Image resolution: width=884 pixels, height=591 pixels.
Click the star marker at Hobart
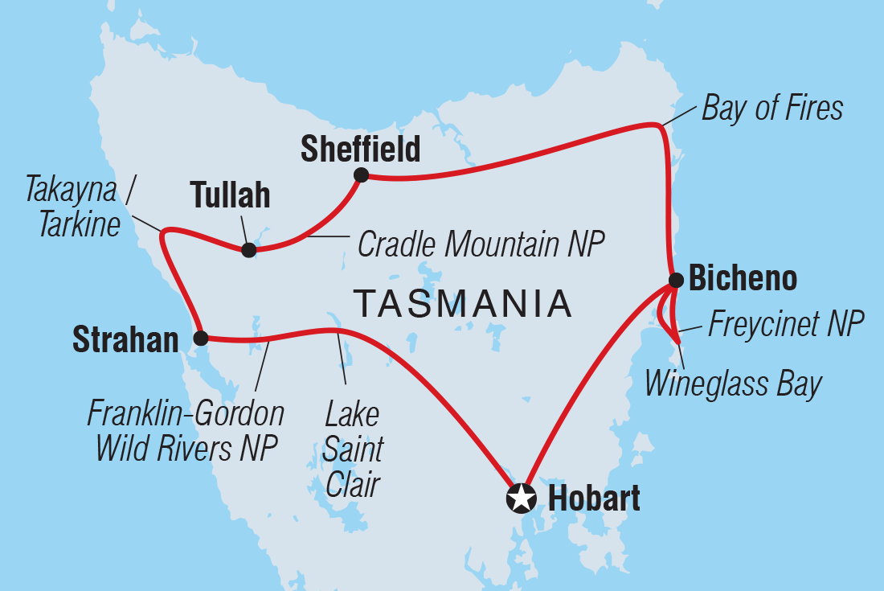click(521, 499)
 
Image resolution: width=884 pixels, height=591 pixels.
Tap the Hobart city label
click(594, 499)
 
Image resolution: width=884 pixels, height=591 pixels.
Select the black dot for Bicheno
click(676, 281)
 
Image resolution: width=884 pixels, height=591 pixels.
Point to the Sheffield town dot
click(361, 174)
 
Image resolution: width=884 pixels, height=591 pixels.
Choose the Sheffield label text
click(360, 149)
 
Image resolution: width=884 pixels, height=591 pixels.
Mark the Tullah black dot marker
click(249, 250)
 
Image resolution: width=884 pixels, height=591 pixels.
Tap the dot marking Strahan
click(200, 338)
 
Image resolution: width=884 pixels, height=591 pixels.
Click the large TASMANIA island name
click(463, 305)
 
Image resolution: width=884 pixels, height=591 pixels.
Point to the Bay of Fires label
click(772, 109)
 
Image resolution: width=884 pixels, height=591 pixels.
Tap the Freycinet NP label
click(785, 326)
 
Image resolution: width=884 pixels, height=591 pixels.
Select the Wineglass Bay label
click(733, 384)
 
